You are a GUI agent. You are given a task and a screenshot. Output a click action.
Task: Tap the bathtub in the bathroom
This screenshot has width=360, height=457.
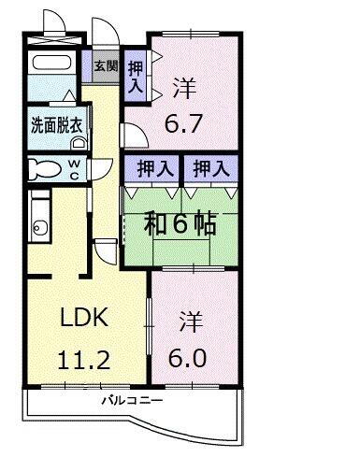click(52, 63)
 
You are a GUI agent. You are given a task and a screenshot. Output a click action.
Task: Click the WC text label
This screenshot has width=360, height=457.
click(73, 168)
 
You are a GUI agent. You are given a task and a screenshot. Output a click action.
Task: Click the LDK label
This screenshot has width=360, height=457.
click(84, 317)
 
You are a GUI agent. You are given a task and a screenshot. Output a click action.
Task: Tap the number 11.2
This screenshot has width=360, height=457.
click(84, 360)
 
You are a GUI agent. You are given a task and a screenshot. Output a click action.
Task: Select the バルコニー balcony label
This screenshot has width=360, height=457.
click(133, 401)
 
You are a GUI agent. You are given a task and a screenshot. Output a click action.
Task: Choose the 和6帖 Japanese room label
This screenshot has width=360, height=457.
click(181, 224)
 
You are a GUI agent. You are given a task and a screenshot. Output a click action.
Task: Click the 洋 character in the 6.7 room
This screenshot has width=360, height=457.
click(183, 86)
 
